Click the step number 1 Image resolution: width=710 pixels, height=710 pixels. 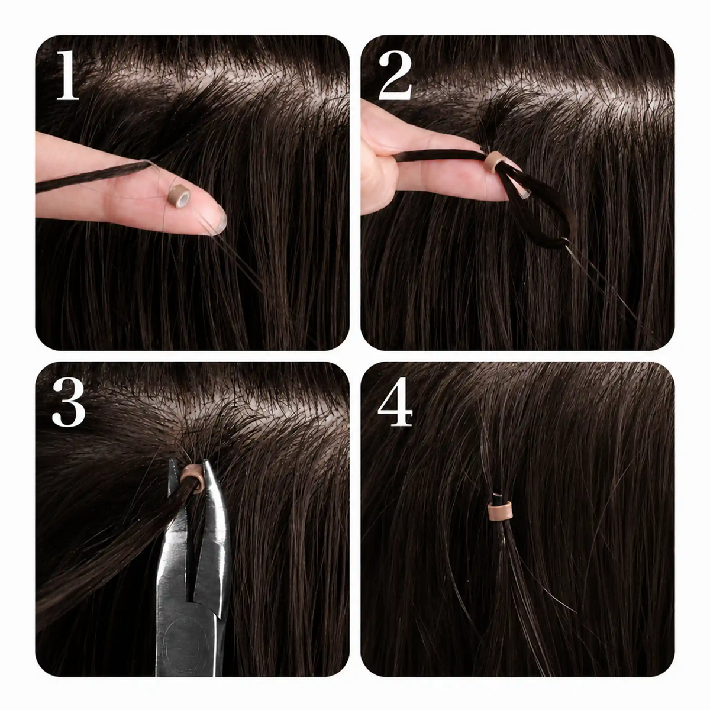coord(68,75)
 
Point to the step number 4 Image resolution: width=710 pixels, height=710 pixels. coord(395,402)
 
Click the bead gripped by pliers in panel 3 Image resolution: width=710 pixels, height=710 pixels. coord(192,478)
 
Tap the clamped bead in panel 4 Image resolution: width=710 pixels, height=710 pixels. coord(501,511)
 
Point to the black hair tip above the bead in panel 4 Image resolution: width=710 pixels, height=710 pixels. coord(498,496)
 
